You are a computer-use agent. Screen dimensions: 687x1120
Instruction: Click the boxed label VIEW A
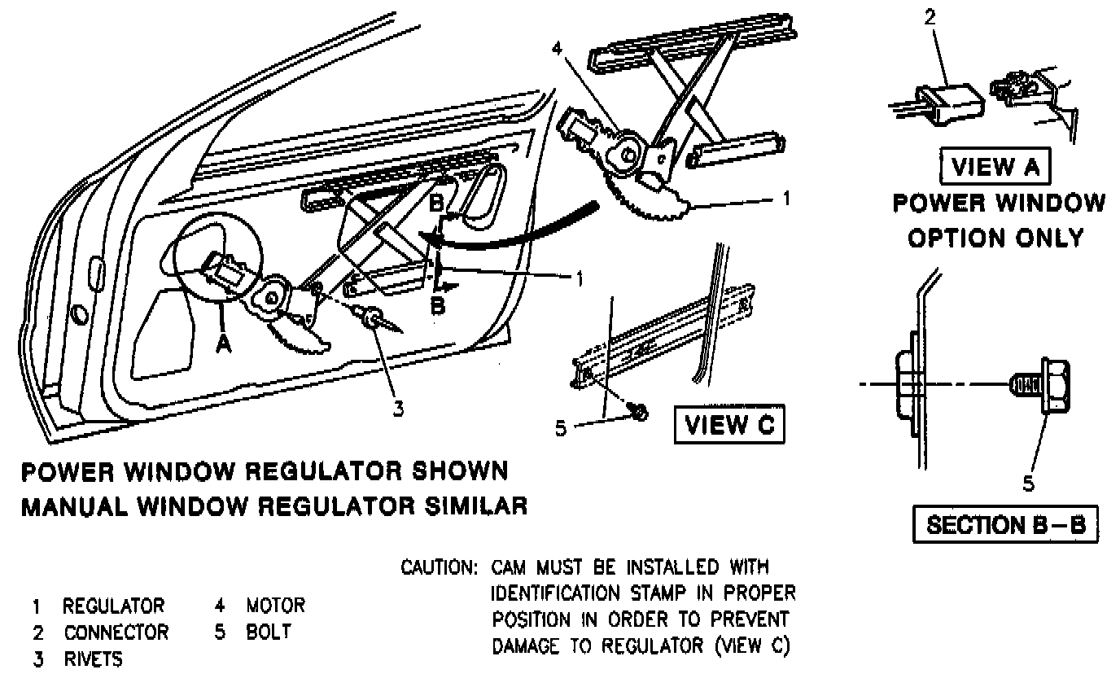pos(995,167)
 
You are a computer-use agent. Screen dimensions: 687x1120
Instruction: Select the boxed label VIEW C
pos(728,425)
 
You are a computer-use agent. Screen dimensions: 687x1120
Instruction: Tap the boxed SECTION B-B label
pos(1006,524)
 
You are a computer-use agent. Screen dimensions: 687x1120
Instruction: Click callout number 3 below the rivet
pos(397,409)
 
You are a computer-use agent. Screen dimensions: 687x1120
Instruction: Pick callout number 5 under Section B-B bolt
pos(1028,484)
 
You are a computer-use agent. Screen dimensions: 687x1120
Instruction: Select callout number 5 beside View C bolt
pos(561,427)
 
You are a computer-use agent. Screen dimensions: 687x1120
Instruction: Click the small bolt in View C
pos(640,414)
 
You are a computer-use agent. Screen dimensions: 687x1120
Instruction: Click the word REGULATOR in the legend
pos(113,606)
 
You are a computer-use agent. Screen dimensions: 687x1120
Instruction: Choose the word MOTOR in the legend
pos(276,606)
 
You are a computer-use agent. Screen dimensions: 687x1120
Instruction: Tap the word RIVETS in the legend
pos(93,659)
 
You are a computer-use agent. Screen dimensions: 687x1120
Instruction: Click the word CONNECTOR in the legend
pos(116,632)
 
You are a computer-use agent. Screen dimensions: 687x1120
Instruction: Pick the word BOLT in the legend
pos(268,632)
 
